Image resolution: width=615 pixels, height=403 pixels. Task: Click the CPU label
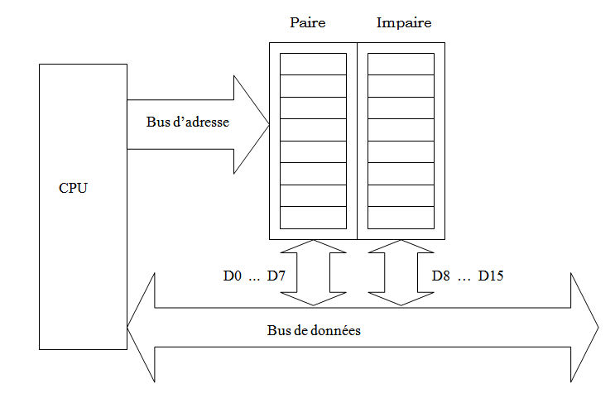coord(73,188)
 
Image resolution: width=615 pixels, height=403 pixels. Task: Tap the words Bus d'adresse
coord(187,122)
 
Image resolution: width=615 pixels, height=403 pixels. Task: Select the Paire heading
coord(307,23)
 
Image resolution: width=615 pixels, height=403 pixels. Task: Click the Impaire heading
coord(404,23)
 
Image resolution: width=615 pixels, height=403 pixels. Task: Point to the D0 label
coord(233,276)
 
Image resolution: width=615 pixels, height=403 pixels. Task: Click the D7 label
coord(276,276)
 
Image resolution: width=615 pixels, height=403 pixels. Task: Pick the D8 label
coord(441,276)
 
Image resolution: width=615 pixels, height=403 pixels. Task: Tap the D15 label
coord(491,276)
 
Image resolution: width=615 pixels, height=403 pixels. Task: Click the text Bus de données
coord(314,329)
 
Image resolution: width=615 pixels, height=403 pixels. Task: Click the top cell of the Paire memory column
coord(314,64)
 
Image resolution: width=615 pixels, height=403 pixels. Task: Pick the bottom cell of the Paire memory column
coord(314,218)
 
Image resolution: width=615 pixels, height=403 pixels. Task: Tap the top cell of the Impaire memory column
coord(401,64)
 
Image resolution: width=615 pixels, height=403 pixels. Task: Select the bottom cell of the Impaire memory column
coord(401,218)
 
